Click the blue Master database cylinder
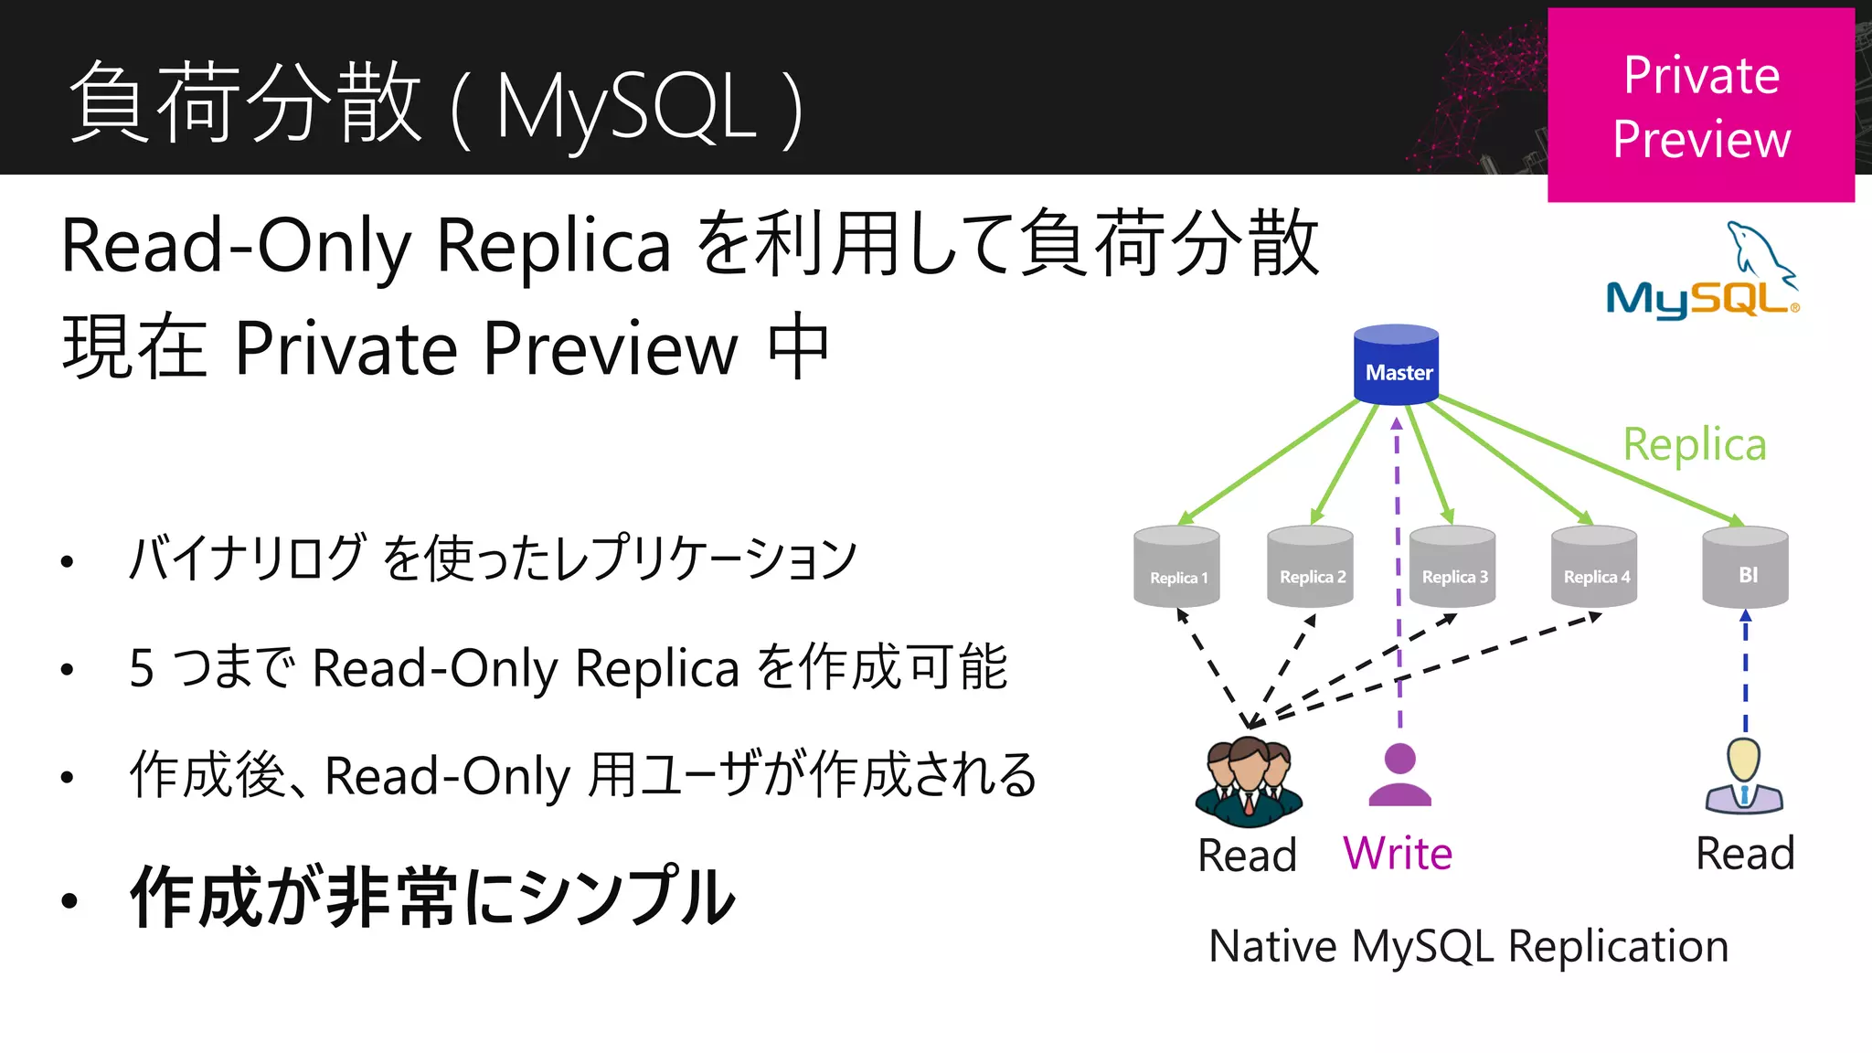tap(1396, 365)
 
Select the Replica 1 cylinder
tap(1176, 567)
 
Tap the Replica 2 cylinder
tap(1310, 567)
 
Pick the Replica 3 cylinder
tap(1452, 567)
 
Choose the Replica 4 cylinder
tap(1594, 567)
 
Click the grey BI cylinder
tap(1745, 568)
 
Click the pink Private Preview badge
tap(1700, 106)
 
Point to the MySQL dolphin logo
tap(1703, 271)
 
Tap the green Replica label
tap(1694, 445)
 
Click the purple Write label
tap(1398, 854)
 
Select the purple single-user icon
tap(1399, 775)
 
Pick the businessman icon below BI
tap(1744, 776)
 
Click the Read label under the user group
tap(1247, 856)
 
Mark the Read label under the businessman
tap(1745, 854)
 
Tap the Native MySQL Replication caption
tap(1468, 946)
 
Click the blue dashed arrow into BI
tap(1745, 672)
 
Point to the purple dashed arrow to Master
tap(1398, 567)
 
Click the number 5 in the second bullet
tap(142, 668)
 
